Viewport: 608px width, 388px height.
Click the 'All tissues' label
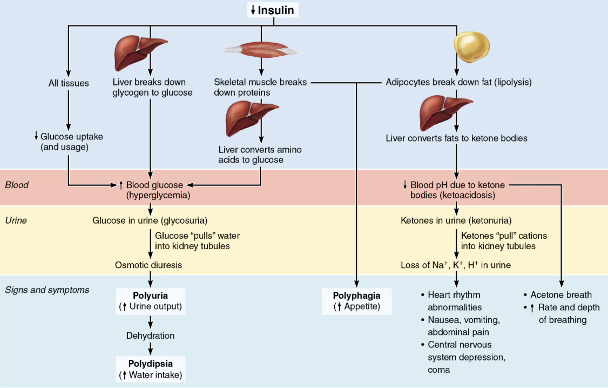[69, 83]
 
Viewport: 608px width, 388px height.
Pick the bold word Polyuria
[151, 296]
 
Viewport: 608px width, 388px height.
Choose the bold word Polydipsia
[151, 364]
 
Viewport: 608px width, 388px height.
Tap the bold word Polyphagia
[357, 296]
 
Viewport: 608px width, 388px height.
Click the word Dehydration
[151, 336]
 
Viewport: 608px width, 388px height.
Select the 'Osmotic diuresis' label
[148, 265]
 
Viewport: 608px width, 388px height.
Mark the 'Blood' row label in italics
[17, 185]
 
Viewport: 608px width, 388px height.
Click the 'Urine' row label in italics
[16, 220]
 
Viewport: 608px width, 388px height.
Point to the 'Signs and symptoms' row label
[47, 290]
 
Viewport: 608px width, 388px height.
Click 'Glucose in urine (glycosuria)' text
[150, 220]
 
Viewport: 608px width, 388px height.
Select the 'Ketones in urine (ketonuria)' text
[456, 220]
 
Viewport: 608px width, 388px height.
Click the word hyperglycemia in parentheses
[158, 195]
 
